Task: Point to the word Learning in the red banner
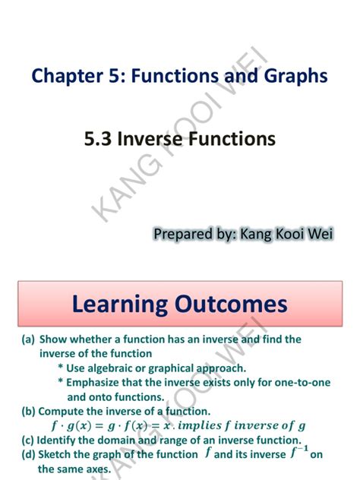point(117,305)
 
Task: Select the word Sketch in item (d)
point(58,454)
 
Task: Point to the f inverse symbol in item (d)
point(299,453)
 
